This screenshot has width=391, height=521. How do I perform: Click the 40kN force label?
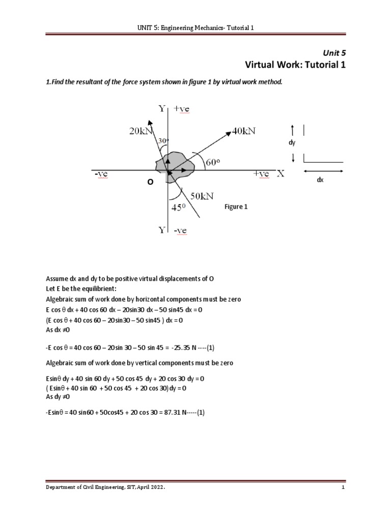click(244, 131)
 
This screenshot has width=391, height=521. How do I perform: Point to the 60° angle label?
click(213, 162)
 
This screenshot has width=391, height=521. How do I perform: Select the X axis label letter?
click(280, 174)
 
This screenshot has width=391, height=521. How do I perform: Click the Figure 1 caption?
click(236, 207)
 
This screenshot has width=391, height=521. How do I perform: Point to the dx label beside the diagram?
click(320, 180)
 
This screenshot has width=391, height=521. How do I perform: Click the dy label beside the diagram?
click(292, 143)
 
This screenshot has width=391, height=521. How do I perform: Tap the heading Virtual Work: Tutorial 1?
click(295, 65)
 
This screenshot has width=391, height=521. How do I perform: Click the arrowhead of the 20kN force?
click(150, 123)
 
